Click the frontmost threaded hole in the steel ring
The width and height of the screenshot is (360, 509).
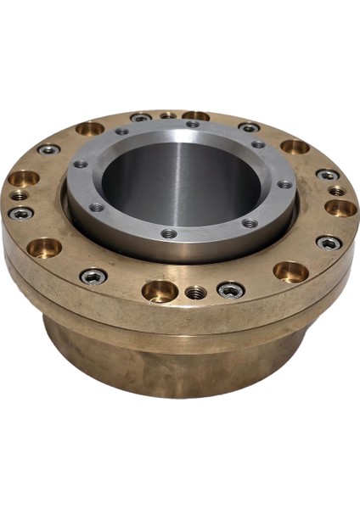170,232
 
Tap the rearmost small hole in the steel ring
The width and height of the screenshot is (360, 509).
193,124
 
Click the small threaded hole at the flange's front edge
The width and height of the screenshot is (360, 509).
196,293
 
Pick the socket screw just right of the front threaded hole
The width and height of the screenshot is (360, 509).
231,290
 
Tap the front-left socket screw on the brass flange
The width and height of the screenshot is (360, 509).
93,276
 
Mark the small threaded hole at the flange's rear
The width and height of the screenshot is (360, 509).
168,115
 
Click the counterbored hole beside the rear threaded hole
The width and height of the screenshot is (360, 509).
195,115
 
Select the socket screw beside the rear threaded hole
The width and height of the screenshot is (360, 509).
141,117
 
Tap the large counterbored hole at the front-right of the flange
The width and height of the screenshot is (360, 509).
290,271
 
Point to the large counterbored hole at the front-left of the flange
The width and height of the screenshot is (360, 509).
44,248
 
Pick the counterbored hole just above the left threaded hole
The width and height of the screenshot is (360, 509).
24,179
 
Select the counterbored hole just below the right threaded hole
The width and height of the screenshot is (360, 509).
340,208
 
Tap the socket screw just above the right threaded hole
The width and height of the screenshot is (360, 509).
328,175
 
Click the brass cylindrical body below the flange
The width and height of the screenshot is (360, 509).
170,365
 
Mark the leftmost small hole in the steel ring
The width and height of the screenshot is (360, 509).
81,164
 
